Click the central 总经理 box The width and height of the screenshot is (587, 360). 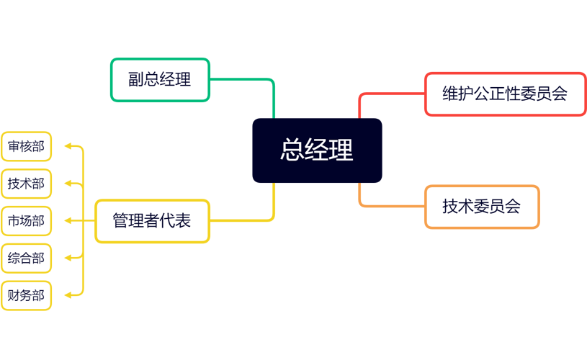[x=317, y=150]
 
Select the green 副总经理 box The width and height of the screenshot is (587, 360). [x=160, y=80]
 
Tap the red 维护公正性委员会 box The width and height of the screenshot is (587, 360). [x=506, y=94]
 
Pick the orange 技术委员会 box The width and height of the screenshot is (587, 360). [x=482, y=207]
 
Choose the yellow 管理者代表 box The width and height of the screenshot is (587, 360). [x=152, y=221]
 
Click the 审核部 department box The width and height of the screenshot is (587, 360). [x=26, y=146]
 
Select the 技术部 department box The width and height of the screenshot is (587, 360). [x=26, y=184]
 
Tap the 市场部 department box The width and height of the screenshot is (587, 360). [x=26, y=221]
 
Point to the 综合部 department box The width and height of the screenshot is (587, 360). [x=26, y=258]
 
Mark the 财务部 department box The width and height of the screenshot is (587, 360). [x=26, y=296]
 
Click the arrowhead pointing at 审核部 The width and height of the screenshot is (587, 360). [x=68, y=146]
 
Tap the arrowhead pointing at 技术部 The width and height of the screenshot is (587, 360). [x=68, y=184]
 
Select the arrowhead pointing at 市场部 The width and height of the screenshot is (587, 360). [x=68, y=221]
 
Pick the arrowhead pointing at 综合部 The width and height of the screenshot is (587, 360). [x=68, y=258]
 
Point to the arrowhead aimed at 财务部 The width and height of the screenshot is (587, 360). [x=68, y=295]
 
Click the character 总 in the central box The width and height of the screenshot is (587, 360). [x=292, y=150]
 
